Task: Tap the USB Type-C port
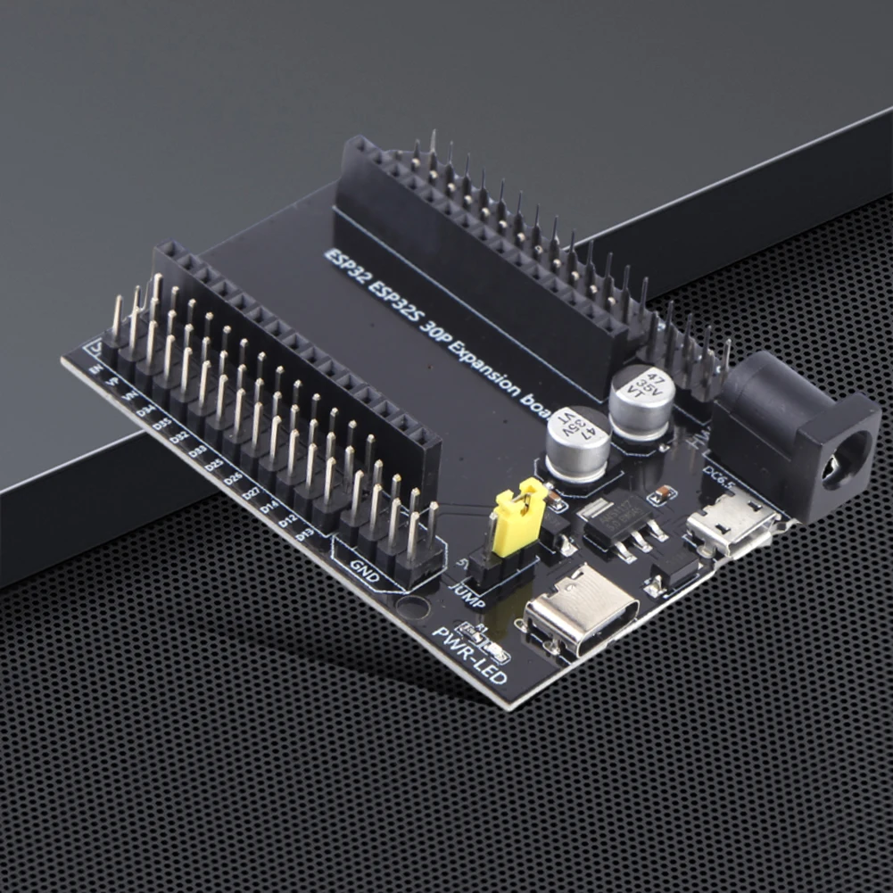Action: (x=582, y=615)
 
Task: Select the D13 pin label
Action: (x=304, y=533)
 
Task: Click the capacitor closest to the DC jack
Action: (x=641, y=401)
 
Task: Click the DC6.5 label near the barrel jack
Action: (x=719, y=473)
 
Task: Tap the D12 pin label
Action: (x=287, y=520)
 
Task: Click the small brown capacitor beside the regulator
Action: (x=662, y=494)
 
